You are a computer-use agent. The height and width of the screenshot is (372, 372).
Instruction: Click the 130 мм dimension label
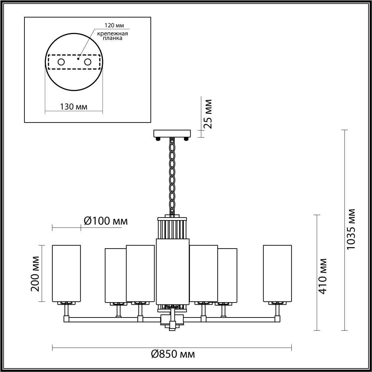74,107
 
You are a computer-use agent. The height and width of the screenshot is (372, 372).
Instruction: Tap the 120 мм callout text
114,25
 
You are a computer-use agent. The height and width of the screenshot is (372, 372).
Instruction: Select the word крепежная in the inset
113,34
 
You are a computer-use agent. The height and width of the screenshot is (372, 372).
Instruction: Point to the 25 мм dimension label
208,114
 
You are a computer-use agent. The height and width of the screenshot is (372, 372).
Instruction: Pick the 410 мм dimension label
322,276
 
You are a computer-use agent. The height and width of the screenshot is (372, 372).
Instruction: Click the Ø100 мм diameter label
106,221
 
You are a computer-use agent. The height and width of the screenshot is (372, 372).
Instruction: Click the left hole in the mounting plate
61,62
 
